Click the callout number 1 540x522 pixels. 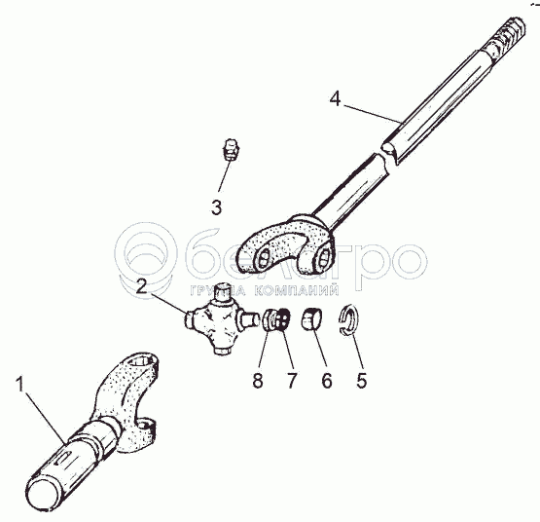(20, 384)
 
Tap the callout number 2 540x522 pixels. (141, 286)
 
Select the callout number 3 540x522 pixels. (216, 207)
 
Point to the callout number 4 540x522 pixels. (335, 99)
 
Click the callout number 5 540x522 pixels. (362, 381)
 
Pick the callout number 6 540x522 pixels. (327, 381)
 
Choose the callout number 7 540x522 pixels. (291, 381)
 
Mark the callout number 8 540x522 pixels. (258, 381)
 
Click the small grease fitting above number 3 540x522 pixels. (230, 149)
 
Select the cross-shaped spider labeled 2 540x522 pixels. (221, 318)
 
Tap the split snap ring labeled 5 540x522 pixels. (348, 318)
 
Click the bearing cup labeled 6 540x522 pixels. (312, 317)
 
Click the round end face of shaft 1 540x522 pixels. (44, 494)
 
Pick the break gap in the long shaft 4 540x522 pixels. (387, 158)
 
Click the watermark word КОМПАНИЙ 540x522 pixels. (297, 290)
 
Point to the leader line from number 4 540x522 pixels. (373, 114)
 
